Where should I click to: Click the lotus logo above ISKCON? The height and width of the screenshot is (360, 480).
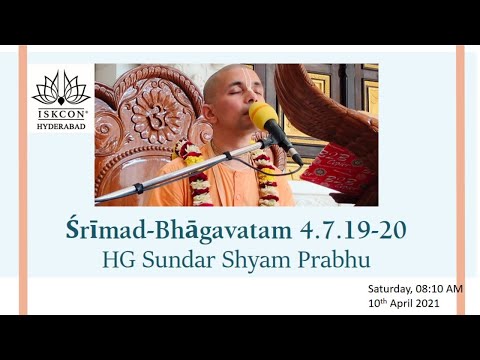click(61, 89)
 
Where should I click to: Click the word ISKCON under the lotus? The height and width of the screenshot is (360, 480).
click(61, 114)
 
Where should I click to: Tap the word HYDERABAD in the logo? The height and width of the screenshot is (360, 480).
click(61, 125)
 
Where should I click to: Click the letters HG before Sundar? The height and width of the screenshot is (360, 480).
click(118, 260)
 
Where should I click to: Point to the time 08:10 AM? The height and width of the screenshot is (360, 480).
click(441, 288)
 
